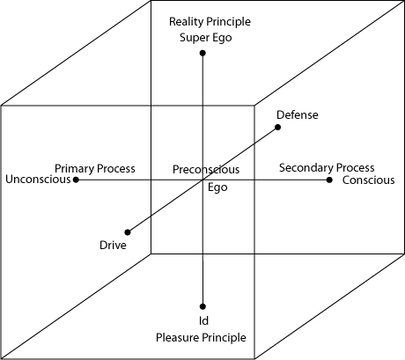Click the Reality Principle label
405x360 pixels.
click(x=210, y=22)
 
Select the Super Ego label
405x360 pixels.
click(x=206, y=38)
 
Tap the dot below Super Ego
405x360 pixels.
click(x=202, y=53)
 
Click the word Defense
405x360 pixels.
click(x=298, y=114)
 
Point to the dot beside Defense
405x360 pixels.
click(x=277, y=127)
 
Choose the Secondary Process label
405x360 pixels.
click(x=327, y=168)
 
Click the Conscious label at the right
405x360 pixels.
click(x=368, y=180)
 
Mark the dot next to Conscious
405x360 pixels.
click(x=329, y=180)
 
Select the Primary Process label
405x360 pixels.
click(x=95, y=169)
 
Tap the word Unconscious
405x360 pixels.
click(x=38, y=180)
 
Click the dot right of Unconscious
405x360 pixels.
click(x=76, y=180)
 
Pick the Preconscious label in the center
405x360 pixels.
click(x=206, y=170)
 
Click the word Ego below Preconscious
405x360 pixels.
click(x=217, y=187)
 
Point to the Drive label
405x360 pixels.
click(x=113, y=246)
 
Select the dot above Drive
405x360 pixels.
click(x=128, y=232)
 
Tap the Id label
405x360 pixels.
click(x=203, y=320)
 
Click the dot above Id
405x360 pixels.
click(x=202, y=306)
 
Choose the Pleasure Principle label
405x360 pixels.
click(x=201, y=338)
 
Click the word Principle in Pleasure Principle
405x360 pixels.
click(x=226, y=338)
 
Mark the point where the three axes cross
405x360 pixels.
click(x=202, y=180)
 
